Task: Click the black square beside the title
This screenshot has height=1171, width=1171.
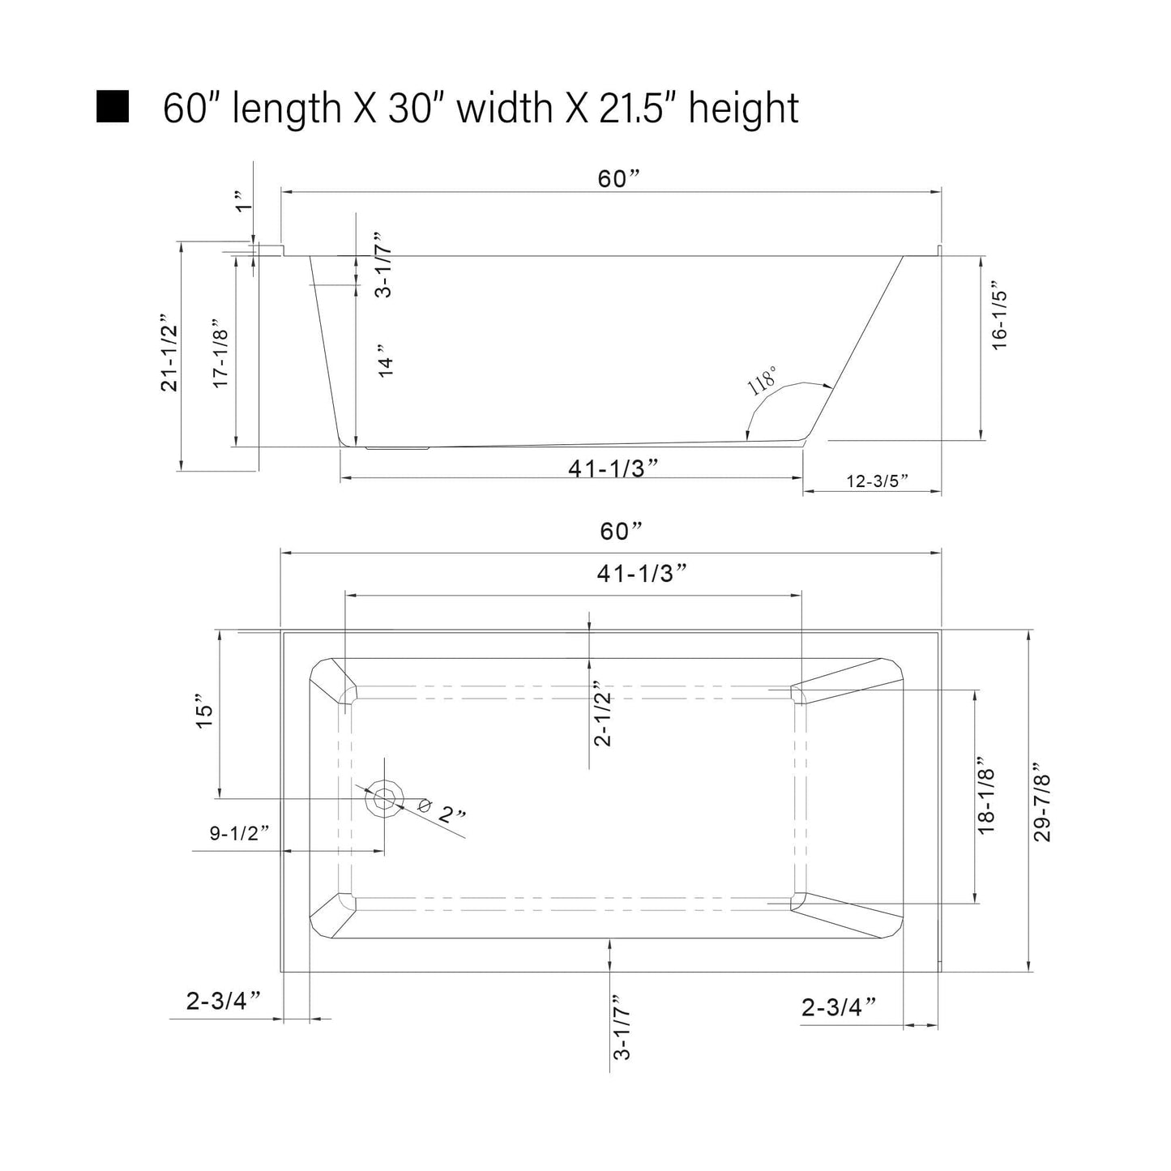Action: [x=113, y=107]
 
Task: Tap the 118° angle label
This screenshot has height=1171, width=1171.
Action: [x=762, y=381]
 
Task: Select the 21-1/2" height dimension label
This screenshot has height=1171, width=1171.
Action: [x=169, y=353]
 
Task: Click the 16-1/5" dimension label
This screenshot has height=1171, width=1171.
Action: [x=1000, y=315]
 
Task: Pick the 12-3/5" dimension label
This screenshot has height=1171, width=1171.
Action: [x=877, y=481]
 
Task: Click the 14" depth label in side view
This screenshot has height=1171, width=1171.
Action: [x=386, y=361]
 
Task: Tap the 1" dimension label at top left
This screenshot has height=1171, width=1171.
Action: [x=243, y=201]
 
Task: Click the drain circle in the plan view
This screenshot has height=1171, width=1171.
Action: [x=384, y=798]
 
